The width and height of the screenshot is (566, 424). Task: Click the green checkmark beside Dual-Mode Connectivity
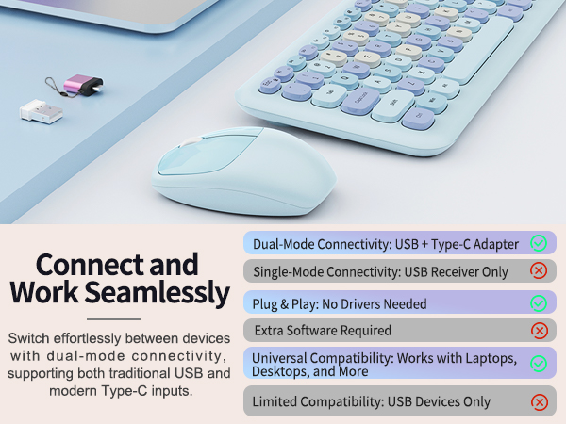(539, 243)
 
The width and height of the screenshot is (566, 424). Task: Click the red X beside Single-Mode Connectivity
(539, 271)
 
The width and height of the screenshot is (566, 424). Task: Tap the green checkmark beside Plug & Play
(539, 303)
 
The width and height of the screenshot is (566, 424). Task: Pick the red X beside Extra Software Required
(539, 331)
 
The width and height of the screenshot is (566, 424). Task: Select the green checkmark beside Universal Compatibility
(539, 363)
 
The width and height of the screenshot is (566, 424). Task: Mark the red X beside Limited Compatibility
(539, 402)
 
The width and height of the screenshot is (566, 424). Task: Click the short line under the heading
(118, 318)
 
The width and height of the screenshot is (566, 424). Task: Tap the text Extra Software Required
(321, 331)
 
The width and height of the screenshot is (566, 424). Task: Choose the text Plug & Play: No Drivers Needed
(339, 303)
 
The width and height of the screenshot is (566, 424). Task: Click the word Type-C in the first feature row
(453, 243)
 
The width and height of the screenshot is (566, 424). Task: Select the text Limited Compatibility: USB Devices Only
(371, 402)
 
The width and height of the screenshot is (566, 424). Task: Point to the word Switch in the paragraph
(28, 337)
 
